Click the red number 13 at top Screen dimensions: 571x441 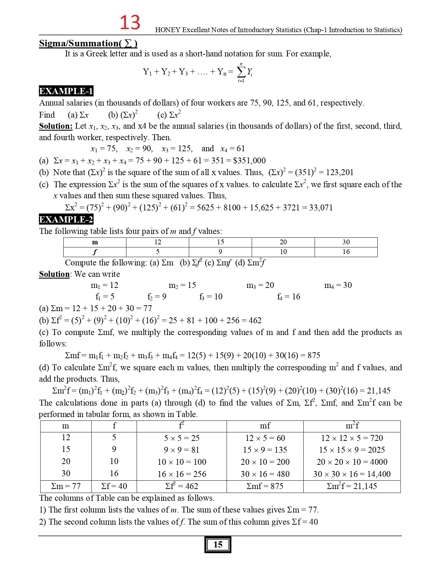130,22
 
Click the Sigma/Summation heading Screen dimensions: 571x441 88,43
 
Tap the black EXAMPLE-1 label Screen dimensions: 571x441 66,91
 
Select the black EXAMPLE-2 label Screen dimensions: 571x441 66,219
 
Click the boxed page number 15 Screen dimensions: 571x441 218,545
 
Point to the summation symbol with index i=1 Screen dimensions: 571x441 241,72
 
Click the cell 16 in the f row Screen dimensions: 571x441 346,252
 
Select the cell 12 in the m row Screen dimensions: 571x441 158,242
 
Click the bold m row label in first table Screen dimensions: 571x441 95,242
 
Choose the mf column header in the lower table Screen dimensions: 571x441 265,426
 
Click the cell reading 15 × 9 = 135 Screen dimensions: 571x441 265,450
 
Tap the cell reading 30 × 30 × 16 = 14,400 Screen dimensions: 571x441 352,474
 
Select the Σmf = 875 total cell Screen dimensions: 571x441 265,486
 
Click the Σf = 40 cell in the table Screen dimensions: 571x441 114,486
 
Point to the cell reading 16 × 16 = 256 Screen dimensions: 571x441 182,474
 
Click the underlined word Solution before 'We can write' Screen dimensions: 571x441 54,274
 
